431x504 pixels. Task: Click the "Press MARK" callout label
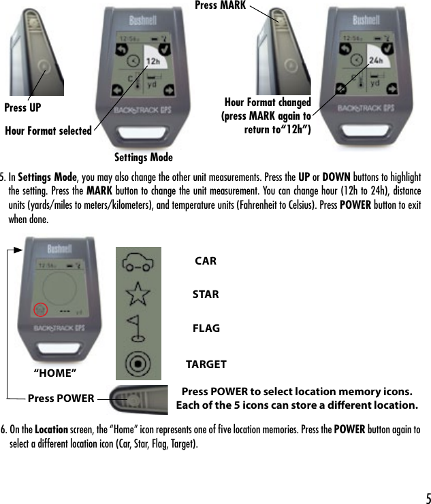(219, 5)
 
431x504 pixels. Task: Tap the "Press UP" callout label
(22, 107)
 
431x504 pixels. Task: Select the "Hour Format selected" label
(48, 131)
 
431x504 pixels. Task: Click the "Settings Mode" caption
(142, 158)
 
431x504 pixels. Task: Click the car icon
(138, 262)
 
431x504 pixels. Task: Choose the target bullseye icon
(138, 361)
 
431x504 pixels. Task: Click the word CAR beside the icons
(205, 261)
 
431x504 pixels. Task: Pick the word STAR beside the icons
(206, 295)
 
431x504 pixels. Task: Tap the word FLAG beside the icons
(206, 328)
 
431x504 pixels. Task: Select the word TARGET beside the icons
(206, 365)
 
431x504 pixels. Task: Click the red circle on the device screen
(41, 310)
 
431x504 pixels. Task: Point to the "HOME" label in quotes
(55, 373)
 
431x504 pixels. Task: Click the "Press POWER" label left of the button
(61, 398)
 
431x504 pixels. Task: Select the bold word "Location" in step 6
(51, 430)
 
